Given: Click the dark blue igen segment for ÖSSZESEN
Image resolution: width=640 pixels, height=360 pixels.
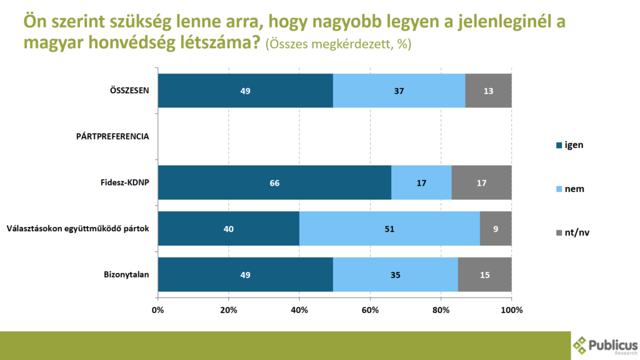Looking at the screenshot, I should pos(245,91).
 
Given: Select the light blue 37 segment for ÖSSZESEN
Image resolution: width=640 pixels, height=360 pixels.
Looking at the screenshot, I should pos(399,91).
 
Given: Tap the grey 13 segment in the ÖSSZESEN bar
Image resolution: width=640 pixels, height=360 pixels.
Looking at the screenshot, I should pos(489,91).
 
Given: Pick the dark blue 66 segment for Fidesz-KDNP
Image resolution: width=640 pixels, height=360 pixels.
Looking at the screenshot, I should pos(274,182).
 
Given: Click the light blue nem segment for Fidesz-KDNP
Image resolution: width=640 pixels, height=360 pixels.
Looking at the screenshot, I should pos(421,182).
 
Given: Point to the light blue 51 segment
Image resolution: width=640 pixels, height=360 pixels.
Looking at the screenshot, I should pos(389,229).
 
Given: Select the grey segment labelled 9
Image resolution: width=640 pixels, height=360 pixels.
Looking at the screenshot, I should pos(496,229).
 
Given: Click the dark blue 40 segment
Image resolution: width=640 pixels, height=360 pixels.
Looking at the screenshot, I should pos(229,229).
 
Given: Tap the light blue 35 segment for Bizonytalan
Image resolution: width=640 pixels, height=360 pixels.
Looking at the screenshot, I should pos(395,274).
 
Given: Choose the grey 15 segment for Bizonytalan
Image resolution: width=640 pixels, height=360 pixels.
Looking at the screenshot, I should pos(485,274).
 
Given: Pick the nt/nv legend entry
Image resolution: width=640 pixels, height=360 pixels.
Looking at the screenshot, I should pos(572,232).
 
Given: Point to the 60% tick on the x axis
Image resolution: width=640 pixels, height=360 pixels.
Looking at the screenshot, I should pos(371,310).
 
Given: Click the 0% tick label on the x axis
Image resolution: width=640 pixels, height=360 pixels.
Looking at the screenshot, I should pos(158,310).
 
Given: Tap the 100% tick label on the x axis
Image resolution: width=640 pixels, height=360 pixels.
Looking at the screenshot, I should pos(511,310).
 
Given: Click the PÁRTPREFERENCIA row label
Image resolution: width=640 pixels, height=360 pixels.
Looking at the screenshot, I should pos(112,137).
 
